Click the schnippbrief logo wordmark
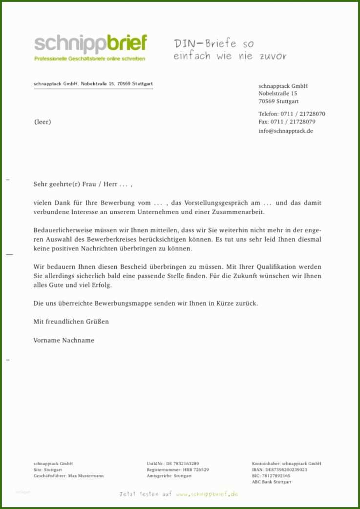click(90, 44)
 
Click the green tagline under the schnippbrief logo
click(89, 59)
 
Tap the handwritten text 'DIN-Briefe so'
click(214, 44)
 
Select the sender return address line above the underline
click(93, 84)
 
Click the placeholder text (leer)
click(42, 122)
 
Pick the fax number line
click(287, 122)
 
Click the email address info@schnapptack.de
click(286, 131)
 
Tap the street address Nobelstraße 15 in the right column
click(278, 93)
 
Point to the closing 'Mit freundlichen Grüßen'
click(71, 322)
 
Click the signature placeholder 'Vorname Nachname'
click(64, 340)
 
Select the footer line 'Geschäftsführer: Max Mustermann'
click(68, 475)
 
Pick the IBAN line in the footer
click(279, 469)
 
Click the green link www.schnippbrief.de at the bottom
click(207, 494)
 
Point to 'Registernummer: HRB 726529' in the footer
click(178, 469)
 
